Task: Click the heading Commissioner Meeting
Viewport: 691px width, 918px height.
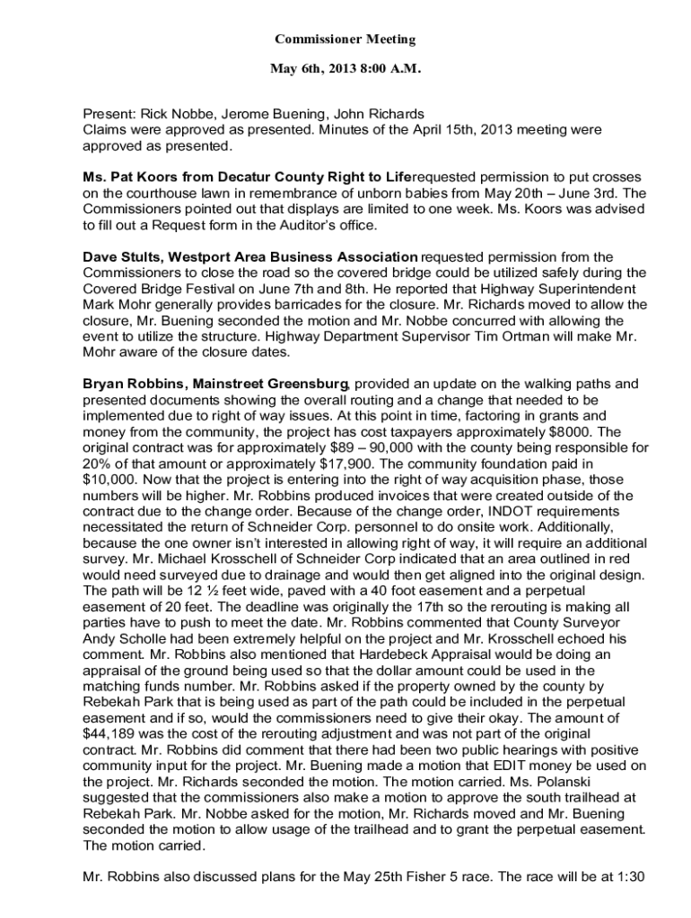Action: (x=345, y=39)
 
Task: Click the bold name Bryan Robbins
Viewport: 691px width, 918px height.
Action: (x=132, y=384)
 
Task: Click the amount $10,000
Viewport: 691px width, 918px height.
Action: (x=111, y=479)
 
